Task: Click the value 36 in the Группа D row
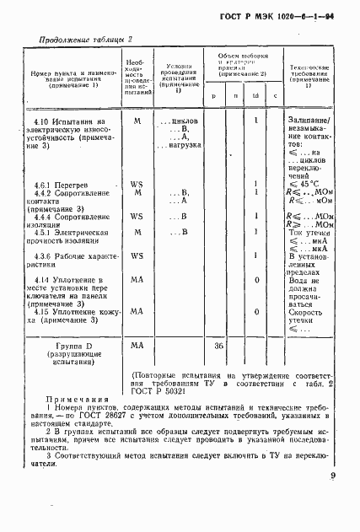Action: pos(218,346)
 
